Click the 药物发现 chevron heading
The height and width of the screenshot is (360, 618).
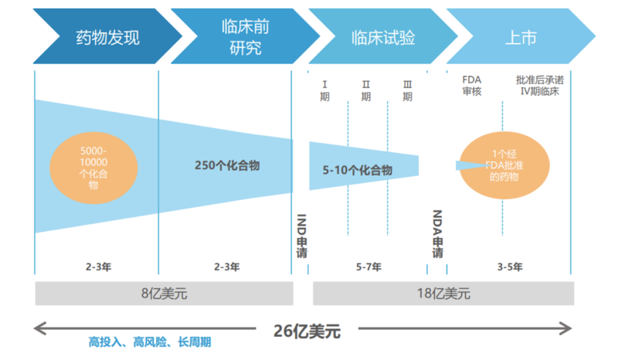pyautogui.click(x=107, y=36)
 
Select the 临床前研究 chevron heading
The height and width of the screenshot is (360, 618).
pyautogui.click(x=245, y=36)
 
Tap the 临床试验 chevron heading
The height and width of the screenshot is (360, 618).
pyautogui.click(x=383, y=36)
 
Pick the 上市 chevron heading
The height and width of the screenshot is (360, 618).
pyautogui.click(x=521, y=36)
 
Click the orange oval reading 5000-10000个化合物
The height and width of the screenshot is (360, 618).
pyautogui.click(x=93, y=168)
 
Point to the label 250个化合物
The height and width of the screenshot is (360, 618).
pyautogui.click(x=227, y=165)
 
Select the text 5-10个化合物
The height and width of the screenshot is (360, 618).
pyautogui.click(x=358, y=170)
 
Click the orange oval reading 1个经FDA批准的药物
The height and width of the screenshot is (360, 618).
pyautogui.click(x=504, y=165)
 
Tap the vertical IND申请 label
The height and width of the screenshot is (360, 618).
pyautogui.click(x=301, y=236)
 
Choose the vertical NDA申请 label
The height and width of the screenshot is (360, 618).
pyautogui.click(x=437, y=234)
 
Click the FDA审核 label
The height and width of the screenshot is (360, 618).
pyautogui.click(x=472, y=86)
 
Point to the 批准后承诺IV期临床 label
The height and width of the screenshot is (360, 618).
pyautogui.click(x=540, y=86)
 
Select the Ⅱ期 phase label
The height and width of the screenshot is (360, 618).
pyautogui.click(x=366, y=90)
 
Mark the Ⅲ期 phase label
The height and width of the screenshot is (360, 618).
pyautogui.click(x=408, y=90)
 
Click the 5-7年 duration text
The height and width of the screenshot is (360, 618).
pyautogui.click(x=369, y=267)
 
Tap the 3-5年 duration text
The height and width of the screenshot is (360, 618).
pyautogui.click(x=510, y=267)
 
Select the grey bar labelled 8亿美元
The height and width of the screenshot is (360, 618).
pyautogui.click(x=164, y=294)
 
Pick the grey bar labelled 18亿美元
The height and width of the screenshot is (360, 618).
pyautogui.click(x=443, y=294)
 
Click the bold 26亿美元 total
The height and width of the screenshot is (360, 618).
pyautogui.click(x=307, y=331)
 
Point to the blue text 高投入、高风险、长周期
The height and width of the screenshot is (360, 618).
pyautogui.click(x=150, y=342)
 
